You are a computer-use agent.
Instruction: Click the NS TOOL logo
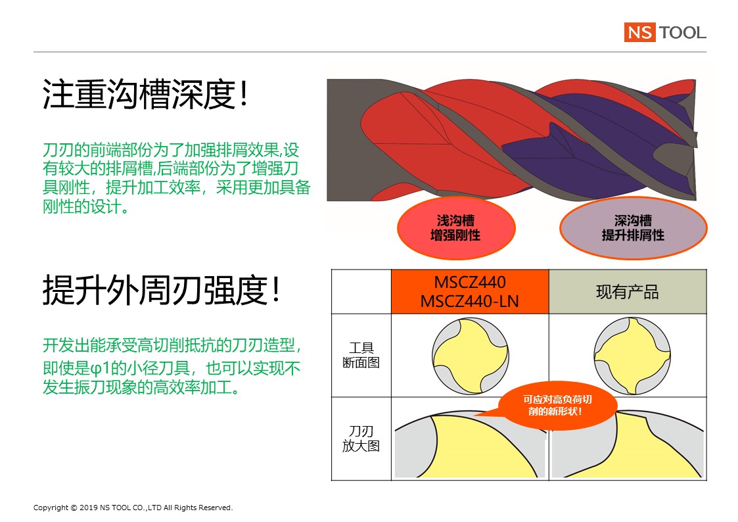point(665,32)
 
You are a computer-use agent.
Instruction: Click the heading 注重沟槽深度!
point(145,94)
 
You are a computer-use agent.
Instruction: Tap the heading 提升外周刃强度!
point(162,290)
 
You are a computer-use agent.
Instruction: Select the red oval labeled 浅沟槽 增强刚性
point(456,228)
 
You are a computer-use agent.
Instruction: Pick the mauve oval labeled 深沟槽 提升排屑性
point(633,228)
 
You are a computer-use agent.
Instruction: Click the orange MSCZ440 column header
point(470,292)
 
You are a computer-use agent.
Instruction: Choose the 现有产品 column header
point(628,292)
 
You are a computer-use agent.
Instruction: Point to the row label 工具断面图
point(361,356)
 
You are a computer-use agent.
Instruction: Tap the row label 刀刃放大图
point(361,439)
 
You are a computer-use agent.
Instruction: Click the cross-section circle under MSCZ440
point(470,356)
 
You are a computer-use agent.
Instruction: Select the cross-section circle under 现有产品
point(632,356)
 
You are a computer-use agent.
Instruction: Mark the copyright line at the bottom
point(133,508)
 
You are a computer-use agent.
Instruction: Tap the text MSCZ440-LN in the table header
point(470,301)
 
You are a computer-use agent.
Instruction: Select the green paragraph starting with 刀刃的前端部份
point(177,178)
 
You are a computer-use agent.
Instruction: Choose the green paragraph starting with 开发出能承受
point(172,366)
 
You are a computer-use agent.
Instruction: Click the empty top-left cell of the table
point(361,292)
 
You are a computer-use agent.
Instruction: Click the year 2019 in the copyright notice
point(89,508)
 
